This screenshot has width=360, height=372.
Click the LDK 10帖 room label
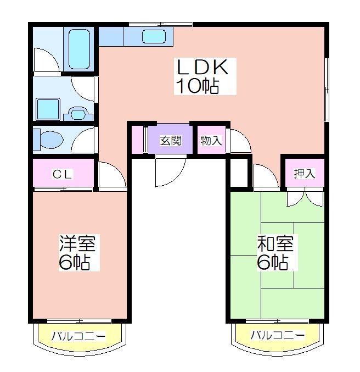[202, 76]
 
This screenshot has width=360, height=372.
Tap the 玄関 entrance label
[171, 141]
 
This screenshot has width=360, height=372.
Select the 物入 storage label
[211, 141]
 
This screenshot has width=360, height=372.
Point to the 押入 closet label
[305, 174]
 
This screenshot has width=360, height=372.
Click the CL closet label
[62, 175]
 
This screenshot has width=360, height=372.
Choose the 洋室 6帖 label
[77, 253]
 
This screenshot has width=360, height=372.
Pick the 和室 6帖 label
[275, 253]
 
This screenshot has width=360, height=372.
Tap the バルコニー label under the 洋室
[78, 336]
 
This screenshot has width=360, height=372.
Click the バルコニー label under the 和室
[278, 335]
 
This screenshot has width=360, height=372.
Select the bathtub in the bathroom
[79, 49]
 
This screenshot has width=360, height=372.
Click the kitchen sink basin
[154, 37]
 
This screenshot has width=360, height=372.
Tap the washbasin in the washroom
[78, 113]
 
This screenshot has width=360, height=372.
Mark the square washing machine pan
[48, 109]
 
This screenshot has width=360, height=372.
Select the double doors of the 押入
[305, 197]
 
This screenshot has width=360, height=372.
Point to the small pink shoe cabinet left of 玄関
[137, 140]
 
